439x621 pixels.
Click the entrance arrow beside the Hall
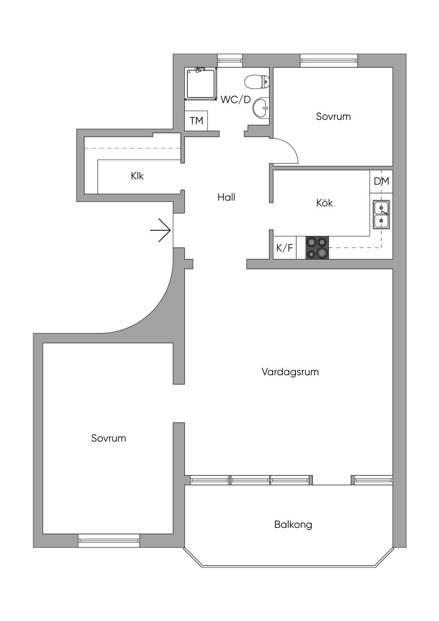coord(161,231)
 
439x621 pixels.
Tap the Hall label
coord(226,197)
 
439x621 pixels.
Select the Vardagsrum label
coord(290,372)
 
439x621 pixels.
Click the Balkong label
coord(293,525)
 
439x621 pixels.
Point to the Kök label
coord(325,203)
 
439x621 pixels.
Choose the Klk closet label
coord(138,176)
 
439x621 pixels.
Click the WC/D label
coord(235,100)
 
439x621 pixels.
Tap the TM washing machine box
coord(196,121)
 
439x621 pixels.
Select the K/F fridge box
coord(285,248)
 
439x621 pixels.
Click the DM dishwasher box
coord(382,181)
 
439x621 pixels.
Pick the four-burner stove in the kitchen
coord(317,248)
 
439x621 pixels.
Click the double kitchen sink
coord(381,215)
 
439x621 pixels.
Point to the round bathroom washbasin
coord(261,107)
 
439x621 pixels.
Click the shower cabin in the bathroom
coord(201,84)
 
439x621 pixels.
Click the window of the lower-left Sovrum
coord(109,540)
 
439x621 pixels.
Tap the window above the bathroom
coord(230,60)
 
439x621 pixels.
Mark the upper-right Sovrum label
coord(333,116)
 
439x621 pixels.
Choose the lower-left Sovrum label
coord(108,438)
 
